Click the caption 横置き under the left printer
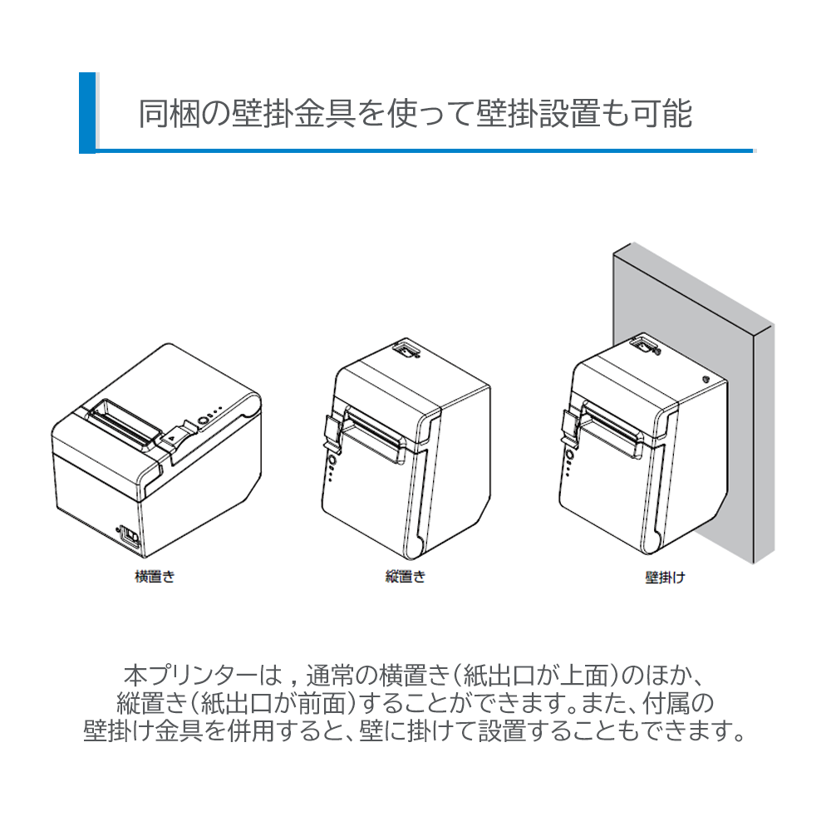pos(155,576)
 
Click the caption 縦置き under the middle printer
pos(405,576)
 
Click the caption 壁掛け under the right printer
pos(665,576)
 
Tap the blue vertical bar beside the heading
pos(87,113)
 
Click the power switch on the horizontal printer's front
pos(128,534)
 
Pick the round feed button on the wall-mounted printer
pos(570,455)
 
